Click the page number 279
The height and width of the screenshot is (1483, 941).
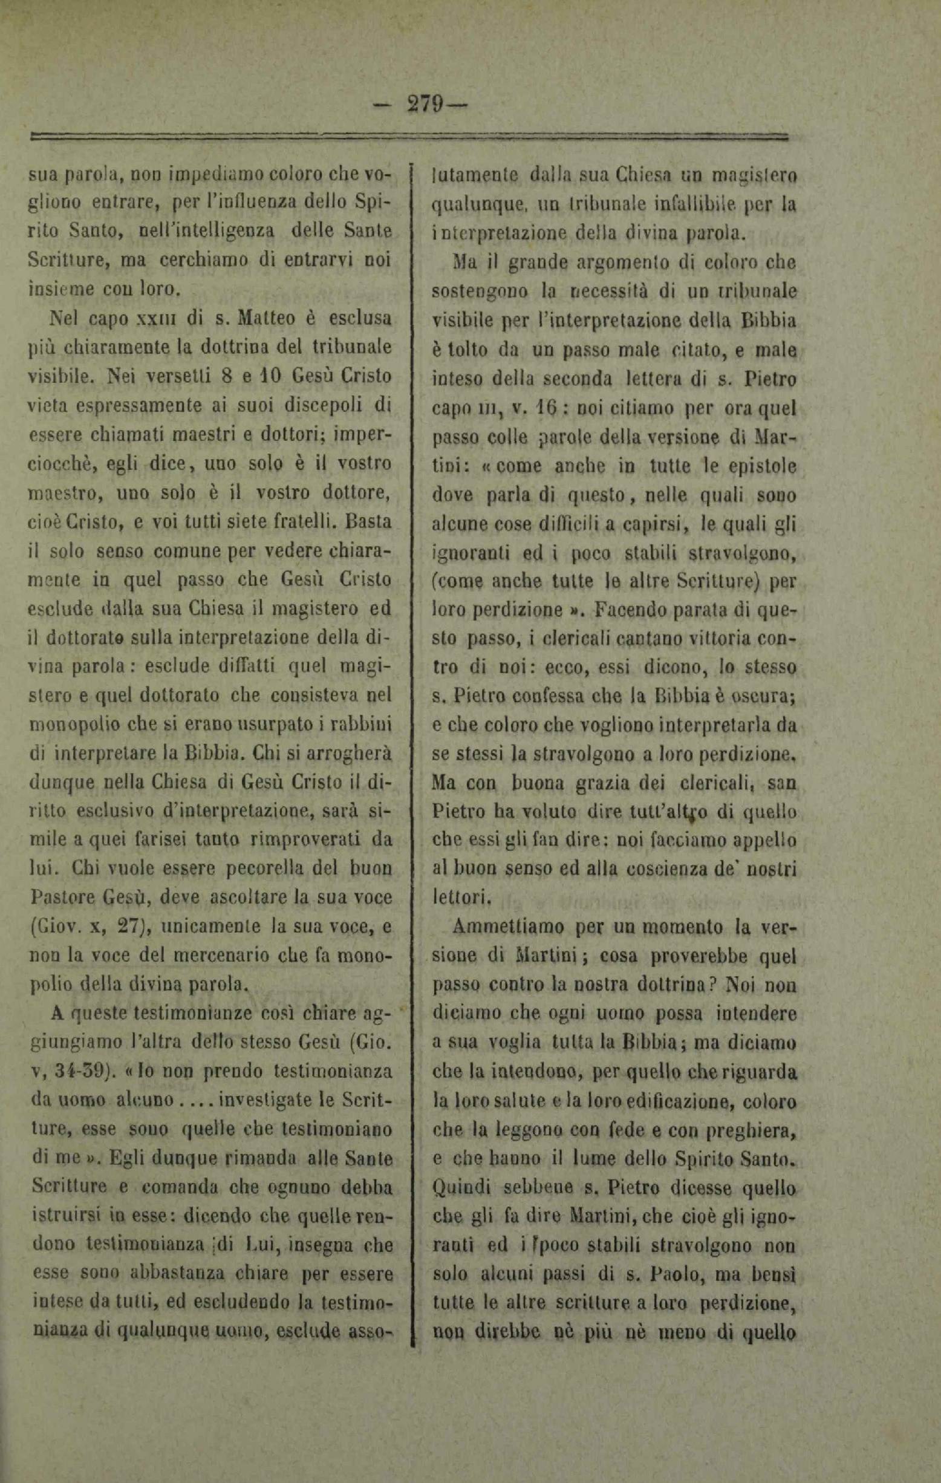[425, 105]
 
